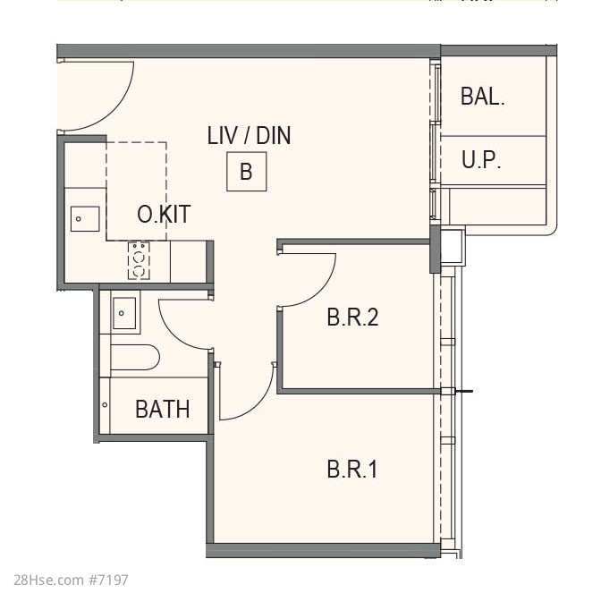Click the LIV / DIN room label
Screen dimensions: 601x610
pyautogui.click(x=249, y=135)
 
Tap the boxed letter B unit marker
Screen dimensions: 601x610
pyautogui.click(x=247, y=172)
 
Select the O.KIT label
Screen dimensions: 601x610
pyautogui.click(x=164, y=214)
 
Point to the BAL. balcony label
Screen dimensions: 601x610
pyautogui.click(x=482, y=96)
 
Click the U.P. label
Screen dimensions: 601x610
pyautogui.click(x=481, y=159)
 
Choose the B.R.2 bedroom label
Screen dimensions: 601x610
pyautogui.click(x=352, y=317)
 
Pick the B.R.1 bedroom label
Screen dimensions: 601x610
pyautogui.click(x=352, y=470)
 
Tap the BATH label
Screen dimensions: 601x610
pyautogui.click(x=163, y=410)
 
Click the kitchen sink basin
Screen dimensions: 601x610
pyautogui.click(x=85, y=219)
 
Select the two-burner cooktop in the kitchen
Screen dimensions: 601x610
pyautogui.click(x=139, y=260)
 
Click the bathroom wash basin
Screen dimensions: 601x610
pyautogui.click(x=124, y=313)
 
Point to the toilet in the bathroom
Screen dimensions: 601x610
pyautogui.click(x=135, y=357)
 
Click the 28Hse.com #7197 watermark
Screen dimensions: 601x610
pyautogui.click(x=71, y=580)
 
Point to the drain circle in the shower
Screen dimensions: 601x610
pyautogui.click(x=105, y=405)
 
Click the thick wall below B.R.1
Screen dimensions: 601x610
pyautogui.click(x=323, y=550)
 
